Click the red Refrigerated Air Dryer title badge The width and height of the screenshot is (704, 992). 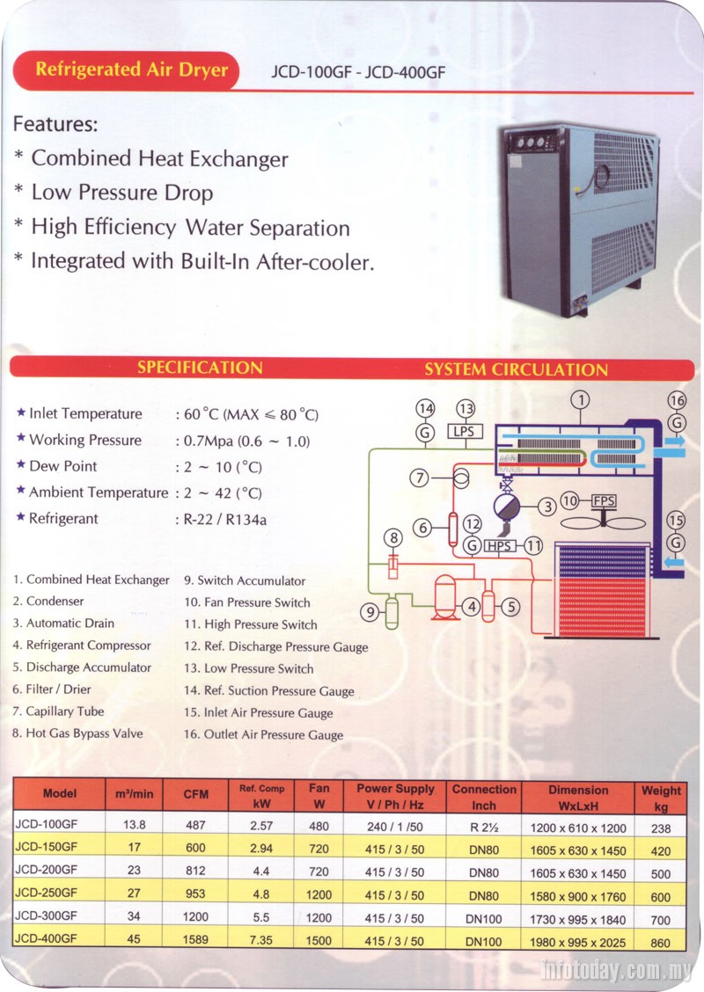click(x=131, y=70)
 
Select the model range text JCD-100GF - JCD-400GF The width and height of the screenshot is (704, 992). click(x=358, y=73)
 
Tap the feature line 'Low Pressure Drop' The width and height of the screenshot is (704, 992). click(x=121, y=193)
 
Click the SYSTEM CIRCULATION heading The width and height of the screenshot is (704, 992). click(x=516, y=369)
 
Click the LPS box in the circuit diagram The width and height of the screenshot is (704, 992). click(x=463, y=431)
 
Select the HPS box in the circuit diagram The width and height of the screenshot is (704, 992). click(x=500, y=545)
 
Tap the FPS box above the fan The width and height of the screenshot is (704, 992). click(x=604, y=501)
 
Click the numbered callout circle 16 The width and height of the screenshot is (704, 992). click(x=676, y=401)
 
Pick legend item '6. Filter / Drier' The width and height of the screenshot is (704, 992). click(x=53, y=689)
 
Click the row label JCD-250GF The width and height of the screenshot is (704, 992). click(x=47, y=895)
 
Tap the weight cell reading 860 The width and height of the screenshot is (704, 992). click(x=661, y=943)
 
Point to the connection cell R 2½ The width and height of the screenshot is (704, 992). click(x=484, y=828)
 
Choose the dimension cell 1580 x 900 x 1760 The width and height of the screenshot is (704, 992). click(x=577, y=896)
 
